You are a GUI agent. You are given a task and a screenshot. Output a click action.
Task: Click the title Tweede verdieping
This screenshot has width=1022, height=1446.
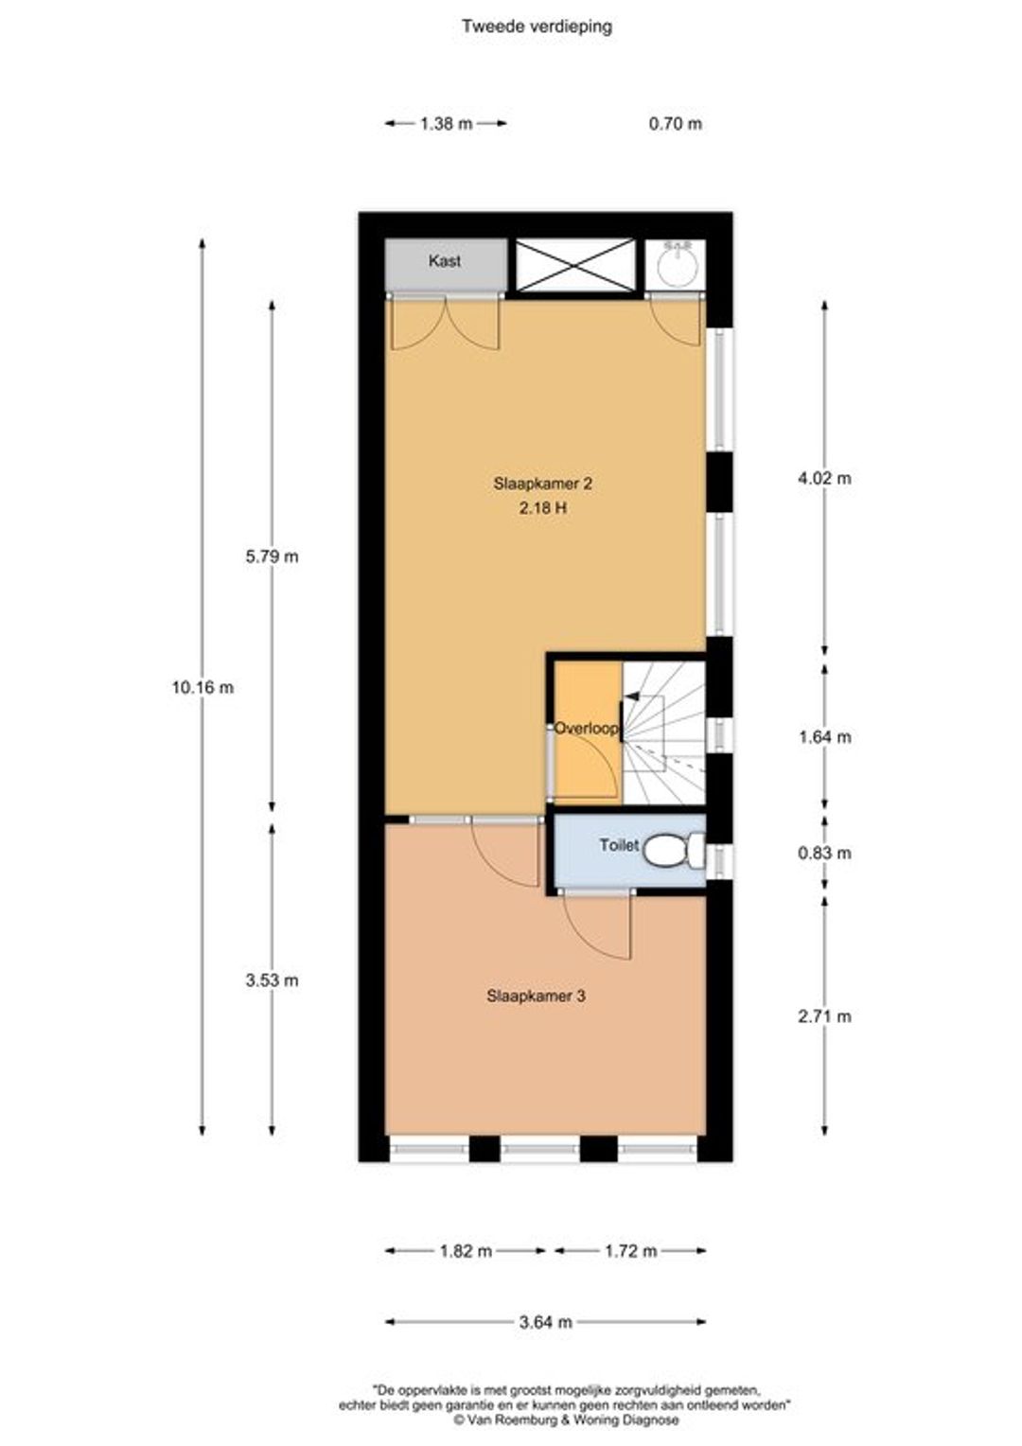coord(537,26)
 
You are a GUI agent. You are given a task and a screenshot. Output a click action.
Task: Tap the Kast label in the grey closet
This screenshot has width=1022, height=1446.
coord(445,261)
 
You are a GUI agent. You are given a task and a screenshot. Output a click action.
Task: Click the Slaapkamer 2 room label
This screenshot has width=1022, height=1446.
coord(542,484)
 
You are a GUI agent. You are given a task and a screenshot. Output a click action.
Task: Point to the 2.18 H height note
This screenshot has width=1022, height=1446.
coord(543,508)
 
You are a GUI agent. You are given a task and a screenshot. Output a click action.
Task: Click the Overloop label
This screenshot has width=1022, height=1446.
coord(586,728)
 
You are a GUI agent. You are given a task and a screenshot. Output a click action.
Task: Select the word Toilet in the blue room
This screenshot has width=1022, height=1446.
coord(619,845)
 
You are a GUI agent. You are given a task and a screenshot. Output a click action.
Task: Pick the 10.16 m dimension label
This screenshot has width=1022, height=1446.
coord(203,688)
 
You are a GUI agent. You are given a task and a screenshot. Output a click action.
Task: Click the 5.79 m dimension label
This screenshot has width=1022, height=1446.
coord(272,556)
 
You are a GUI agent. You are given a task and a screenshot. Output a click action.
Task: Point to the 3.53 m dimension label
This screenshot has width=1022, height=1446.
coord(272,980)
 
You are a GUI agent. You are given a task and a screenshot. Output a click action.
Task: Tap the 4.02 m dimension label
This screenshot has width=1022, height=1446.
coord(824,478)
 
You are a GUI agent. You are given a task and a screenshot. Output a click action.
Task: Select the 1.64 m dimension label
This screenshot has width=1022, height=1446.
coord(824,737)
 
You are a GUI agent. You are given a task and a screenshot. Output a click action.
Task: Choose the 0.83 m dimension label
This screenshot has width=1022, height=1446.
coord(824,854)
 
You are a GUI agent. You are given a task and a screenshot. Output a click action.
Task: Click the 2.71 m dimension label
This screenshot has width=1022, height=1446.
coord(824,1016)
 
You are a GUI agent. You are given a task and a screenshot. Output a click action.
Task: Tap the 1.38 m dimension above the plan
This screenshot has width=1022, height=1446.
coord(446,123)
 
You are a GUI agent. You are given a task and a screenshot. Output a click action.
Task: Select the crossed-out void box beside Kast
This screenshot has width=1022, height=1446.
coord(575,265)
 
